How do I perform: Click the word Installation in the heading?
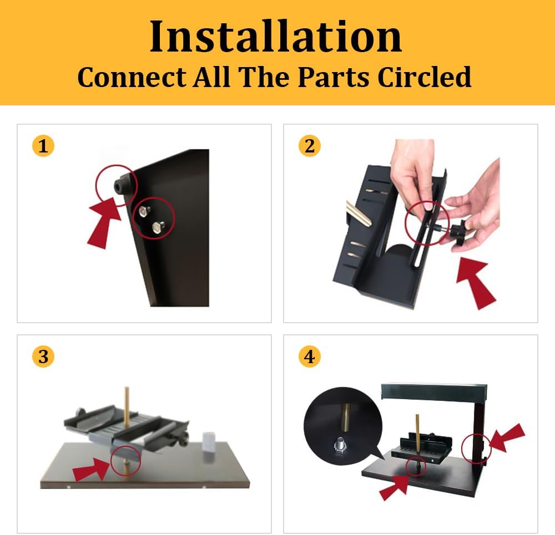coord(276,37)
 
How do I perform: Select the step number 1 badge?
coord(43,146)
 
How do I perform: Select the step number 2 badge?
coord(310,146)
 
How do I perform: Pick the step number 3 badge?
coord(43,357)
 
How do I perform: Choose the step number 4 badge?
coord(310,357)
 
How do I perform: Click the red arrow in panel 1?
coord(104,225)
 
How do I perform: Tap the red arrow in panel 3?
coord(92,471)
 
